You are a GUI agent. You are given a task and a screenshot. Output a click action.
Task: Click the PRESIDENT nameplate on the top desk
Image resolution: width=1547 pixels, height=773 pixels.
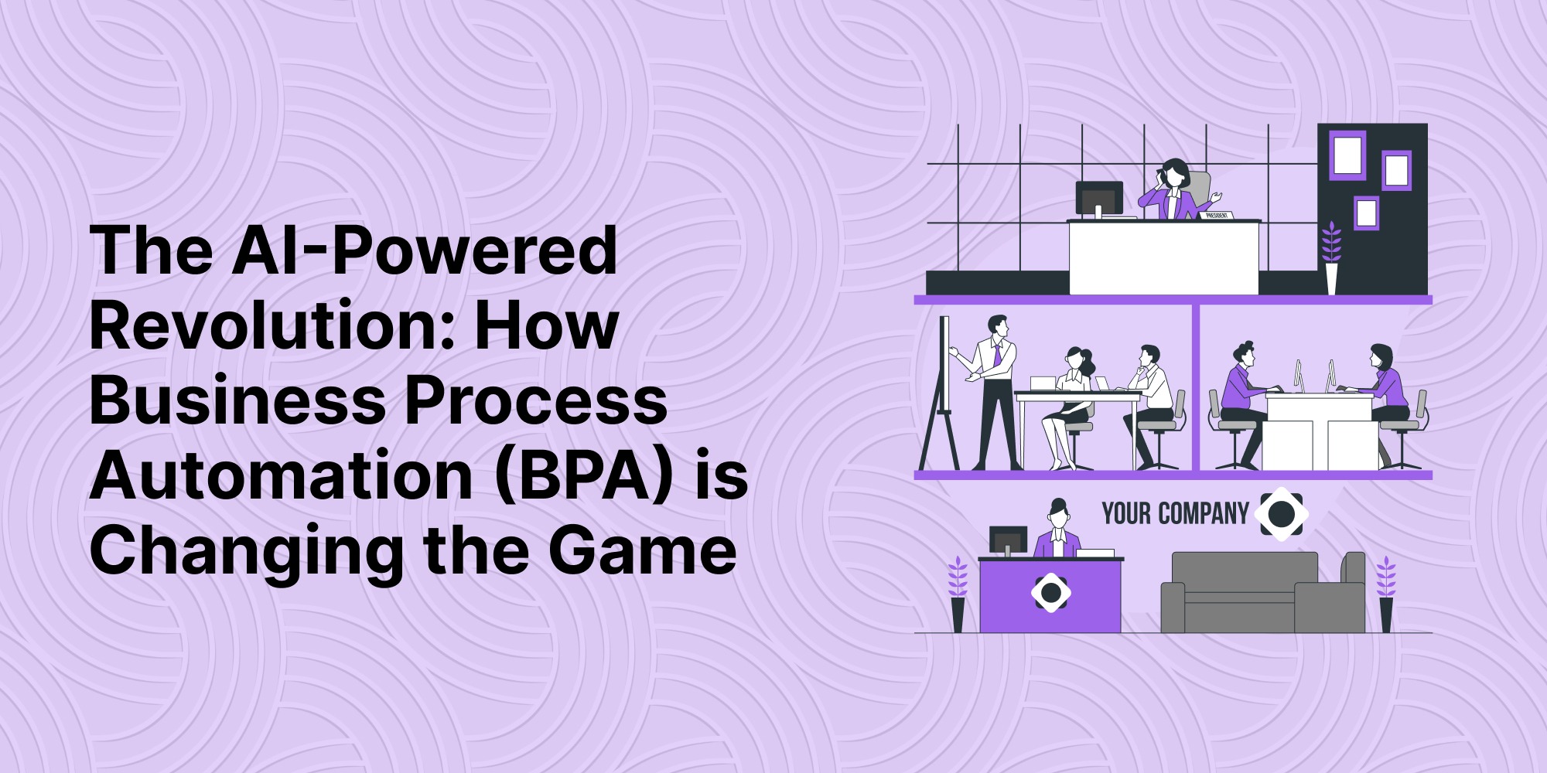click(x=1216, y=216)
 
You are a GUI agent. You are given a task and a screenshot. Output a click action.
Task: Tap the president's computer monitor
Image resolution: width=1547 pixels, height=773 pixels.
click(x=1099, y=198)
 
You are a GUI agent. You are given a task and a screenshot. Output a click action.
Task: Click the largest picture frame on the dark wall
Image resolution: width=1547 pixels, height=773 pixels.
click(x=1347, y=155)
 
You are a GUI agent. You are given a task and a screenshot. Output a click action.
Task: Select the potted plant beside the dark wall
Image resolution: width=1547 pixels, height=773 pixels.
click(x=1331, y=258)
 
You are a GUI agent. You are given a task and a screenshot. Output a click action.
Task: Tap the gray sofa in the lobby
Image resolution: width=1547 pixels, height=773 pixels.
click(x=1263, y=592)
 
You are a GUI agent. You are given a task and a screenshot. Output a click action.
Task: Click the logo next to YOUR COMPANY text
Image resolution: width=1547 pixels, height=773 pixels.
click(x=1281, y=513)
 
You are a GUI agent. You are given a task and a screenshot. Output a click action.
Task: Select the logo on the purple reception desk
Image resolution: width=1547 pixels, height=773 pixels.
click(x=1051, y=593)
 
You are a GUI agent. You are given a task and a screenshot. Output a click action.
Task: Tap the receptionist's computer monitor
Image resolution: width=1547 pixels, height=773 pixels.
click(x=1009, y=540)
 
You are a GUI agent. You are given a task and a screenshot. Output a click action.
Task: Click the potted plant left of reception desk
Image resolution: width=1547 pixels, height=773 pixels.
click(x=958, y=594)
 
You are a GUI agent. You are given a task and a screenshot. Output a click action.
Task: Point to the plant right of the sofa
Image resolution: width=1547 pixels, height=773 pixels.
click(x=1386, y=594)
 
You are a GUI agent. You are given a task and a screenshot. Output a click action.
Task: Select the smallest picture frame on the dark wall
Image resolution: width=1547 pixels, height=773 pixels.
click(x=1367, y=213)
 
